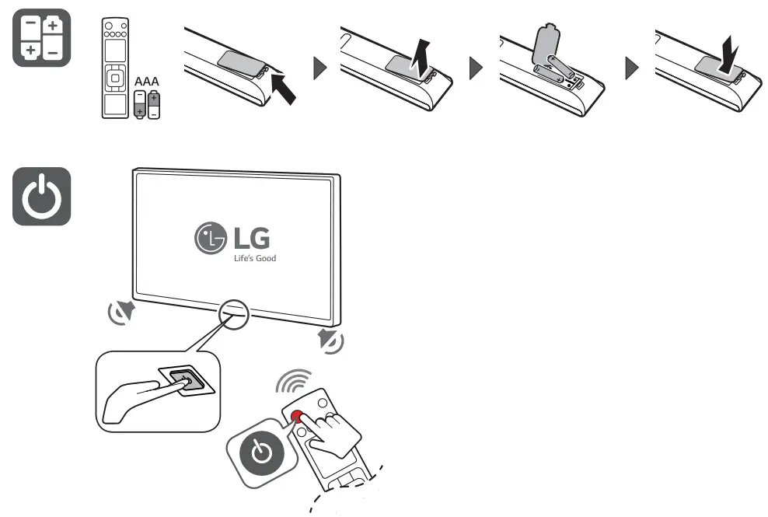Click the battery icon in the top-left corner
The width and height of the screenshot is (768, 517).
[x=42, y=37]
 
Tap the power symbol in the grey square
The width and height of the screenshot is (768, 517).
[x=42, y=197]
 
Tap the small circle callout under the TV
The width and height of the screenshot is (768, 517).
[x=233, y=313]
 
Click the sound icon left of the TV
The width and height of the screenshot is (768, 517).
[x=121, y=313]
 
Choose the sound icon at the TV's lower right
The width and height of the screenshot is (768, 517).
[x=330, y=341]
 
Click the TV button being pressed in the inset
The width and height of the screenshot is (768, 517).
[x=180, y=380]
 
